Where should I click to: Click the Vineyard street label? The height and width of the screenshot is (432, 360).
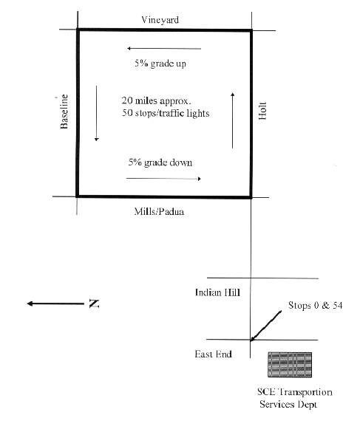point(160,20)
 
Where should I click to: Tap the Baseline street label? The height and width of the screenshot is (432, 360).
point(64,112)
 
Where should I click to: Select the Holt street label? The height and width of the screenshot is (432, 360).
point(262,111)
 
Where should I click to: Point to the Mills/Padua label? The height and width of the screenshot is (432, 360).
point(159,212)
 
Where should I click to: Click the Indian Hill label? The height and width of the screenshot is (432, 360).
point(217,292)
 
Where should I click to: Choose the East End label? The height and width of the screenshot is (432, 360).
point(213,354)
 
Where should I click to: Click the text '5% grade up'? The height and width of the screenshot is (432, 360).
point(160,64)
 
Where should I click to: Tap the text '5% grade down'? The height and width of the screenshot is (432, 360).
point(160,162)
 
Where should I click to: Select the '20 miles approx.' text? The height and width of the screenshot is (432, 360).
point(156,100)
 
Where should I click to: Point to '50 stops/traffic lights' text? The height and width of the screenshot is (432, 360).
point(166,113)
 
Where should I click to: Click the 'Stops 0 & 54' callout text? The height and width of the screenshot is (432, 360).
point(316,305)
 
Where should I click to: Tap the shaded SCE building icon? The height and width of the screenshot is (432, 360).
point(290,365)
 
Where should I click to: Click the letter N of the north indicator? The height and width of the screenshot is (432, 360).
point(94,304)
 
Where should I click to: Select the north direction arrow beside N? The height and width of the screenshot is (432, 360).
point(55,304)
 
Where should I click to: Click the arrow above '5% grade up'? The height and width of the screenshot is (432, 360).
point(164,49)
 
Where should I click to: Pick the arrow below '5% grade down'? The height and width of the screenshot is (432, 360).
point(163,179)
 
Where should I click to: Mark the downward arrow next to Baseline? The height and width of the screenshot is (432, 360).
point(97,113)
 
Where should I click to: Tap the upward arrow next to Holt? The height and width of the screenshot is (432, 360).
point(233,120)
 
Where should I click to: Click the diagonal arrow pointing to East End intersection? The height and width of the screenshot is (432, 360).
point(266,326)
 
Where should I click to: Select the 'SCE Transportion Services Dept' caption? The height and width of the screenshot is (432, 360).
point(295,398)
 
